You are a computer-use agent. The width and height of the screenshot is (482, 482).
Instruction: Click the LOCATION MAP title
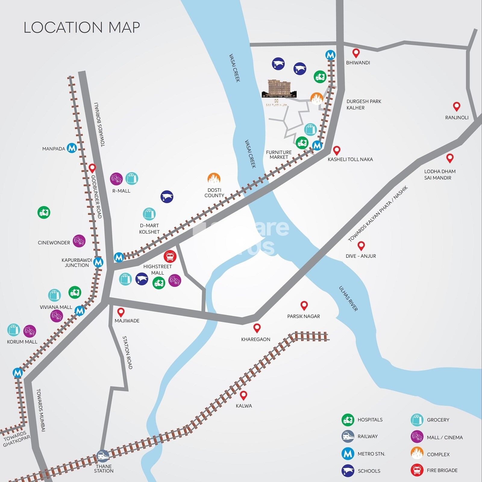tap(82, 27)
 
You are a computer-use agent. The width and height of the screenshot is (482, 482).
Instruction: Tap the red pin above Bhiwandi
tap(356, 53)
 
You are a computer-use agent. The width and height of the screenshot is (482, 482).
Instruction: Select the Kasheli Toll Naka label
tap(350, 159)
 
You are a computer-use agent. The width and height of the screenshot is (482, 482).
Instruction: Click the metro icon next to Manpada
tap(72, 148)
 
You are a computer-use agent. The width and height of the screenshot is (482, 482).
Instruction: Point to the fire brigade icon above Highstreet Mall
tap(170, 256)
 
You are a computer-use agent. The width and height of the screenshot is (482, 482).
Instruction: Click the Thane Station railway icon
tap(103, 456)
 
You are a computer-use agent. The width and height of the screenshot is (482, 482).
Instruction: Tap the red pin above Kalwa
tap(243, 395)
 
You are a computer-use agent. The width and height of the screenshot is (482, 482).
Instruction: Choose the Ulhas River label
tap(349, 298)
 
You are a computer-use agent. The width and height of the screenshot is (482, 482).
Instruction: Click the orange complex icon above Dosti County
tap(214, 179)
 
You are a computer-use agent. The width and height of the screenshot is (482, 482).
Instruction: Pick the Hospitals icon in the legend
tap(348, 420)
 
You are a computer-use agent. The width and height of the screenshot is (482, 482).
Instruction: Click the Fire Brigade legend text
tap(442, 470)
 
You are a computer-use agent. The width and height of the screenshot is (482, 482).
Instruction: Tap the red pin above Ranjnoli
tap(457, 107)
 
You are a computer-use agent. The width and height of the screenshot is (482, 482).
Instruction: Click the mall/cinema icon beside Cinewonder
tap(79, 241)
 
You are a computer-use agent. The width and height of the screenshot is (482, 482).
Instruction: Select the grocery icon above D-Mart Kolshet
tap(149, 214)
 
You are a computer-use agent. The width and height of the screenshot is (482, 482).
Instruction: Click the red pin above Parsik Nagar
tap(304, 306)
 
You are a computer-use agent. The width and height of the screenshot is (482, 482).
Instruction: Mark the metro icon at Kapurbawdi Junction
tap(98, 262)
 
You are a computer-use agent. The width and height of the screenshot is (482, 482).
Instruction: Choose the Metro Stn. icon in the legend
tap(348, 454)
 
